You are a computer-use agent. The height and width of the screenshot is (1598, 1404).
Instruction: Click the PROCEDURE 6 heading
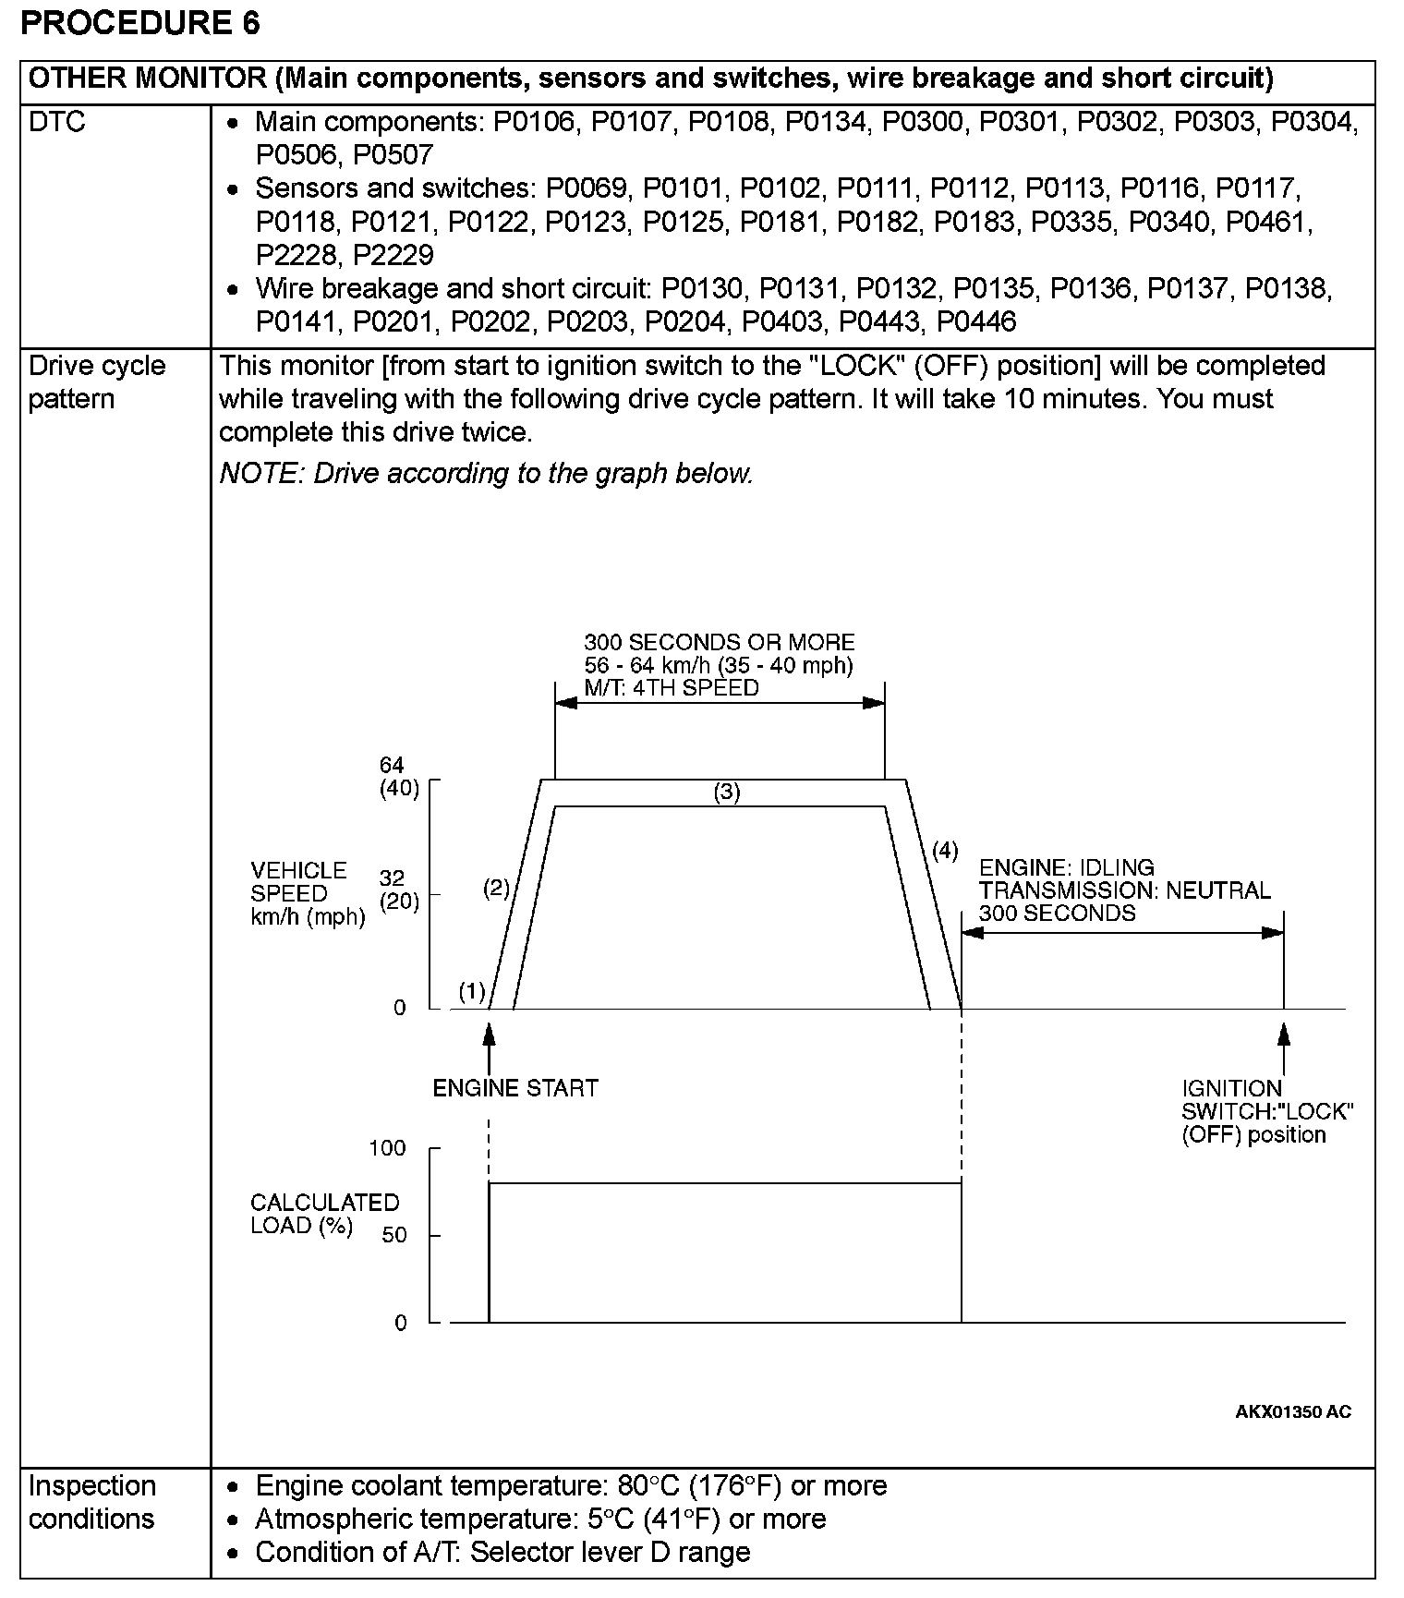click(139, 23)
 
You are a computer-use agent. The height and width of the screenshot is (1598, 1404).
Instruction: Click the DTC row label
click(57, 122)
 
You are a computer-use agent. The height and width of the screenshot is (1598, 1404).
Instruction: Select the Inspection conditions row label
click(91, 1502)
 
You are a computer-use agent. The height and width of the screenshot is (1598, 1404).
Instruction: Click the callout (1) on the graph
click(472, 992)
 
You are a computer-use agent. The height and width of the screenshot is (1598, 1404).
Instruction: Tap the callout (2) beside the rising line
click(496, 889)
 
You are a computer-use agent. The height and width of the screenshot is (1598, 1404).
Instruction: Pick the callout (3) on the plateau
click(727, 792)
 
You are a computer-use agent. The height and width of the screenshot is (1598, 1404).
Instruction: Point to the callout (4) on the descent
click(945, 850)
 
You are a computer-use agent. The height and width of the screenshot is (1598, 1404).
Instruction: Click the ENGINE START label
click(515, 1088)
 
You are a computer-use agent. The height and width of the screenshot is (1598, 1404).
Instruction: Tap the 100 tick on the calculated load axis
click(388, 1148)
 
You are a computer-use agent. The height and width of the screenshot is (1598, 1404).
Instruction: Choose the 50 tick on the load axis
click(394, 1235)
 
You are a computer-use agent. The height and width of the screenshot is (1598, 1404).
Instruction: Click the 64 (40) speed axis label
click(399, 777)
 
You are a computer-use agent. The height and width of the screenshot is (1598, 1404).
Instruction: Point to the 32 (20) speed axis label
click(399, 890)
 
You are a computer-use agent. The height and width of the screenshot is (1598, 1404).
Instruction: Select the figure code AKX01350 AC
click(1293, 1411)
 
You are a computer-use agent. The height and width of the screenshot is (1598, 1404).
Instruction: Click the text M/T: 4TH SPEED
click(672, 688)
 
